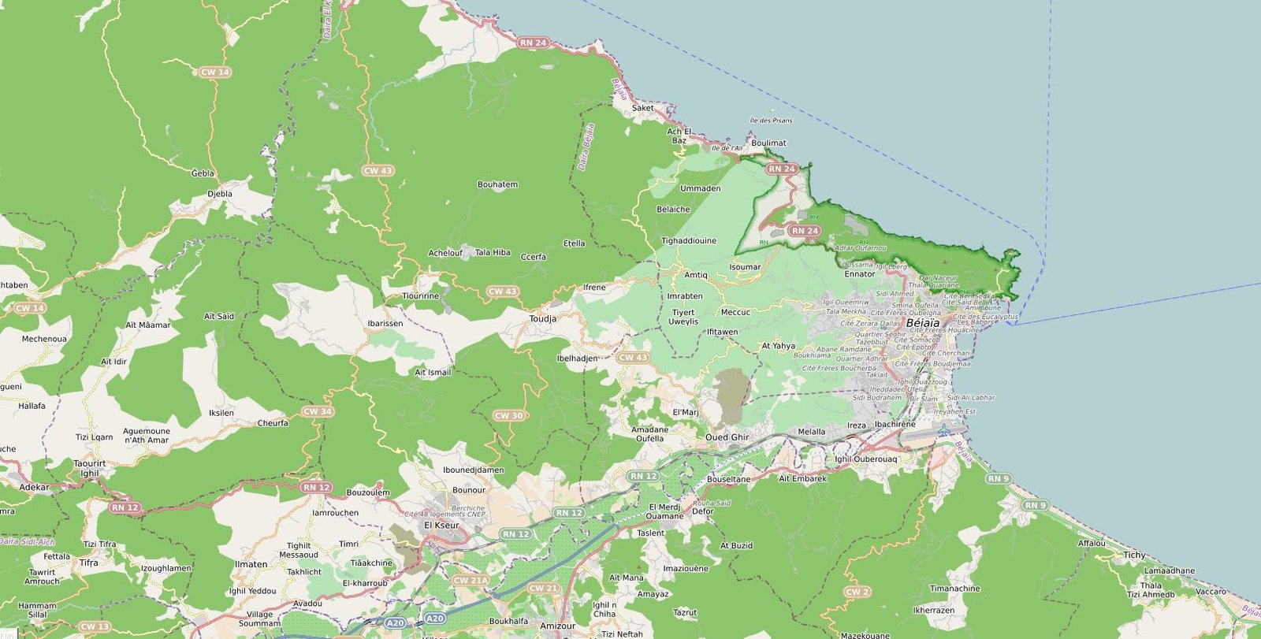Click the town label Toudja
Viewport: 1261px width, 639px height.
(x=543, y=318)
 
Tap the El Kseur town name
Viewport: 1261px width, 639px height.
(x=441, y=526)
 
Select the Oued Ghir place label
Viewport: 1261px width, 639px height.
(x=727, y=437)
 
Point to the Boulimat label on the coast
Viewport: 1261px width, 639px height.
(x=768, y=143)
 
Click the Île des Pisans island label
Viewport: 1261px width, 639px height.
(x=771, y=121)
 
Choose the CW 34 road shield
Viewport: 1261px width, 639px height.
(x=317, y=411)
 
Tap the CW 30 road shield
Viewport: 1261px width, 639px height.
(x=508, y=415)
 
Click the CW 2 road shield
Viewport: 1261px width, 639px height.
(x=857, y=592)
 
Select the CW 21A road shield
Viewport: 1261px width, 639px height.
(x=471, y=581)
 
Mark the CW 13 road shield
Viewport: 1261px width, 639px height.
(x=95, y=627)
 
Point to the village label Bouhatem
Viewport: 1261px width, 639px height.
(x=497, y=185)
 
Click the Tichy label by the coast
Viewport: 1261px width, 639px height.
(x=1134, y=555)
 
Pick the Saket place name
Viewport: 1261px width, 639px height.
(x=642, y=108)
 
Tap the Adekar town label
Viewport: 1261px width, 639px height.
(x=35, y=487)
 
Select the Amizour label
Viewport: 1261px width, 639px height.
(x=557, y=626)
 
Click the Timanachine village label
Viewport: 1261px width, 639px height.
(x=954, y=589)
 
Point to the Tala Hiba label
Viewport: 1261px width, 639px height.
(x=493, y=253)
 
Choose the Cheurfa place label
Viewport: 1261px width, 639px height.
(x=273, y=423)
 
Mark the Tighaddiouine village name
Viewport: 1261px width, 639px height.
(x=689, y=241)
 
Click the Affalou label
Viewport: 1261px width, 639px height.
(x=1092, y=544)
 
